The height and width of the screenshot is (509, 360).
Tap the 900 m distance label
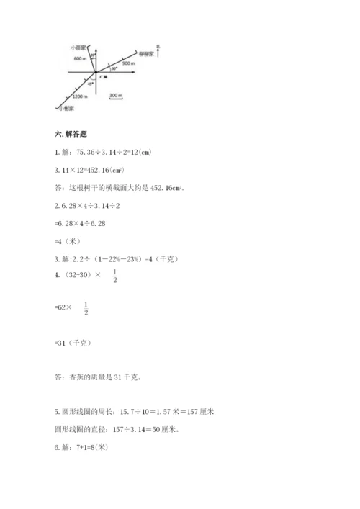(x=130, y=63)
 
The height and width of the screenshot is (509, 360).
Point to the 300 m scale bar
(x=115, y=96)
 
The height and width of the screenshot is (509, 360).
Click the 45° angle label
(x=91, y=84)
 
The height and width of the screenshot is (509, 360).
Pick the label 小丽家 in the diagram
(x=79, y=47)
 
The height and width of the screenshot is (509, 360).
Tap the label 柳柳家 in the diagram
(x=148, y=53)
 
